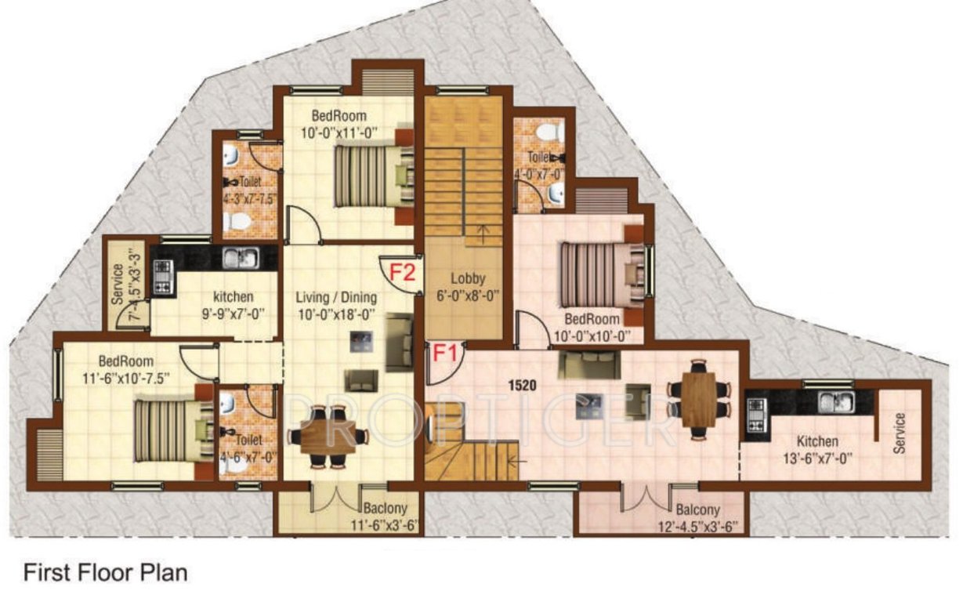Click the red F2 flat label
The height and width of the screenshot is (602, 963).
pos(402,273)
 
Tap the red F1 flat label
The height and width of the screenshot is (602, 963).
pos(446,354)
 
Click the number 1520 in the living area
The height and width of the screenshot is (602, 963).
pos(523,386)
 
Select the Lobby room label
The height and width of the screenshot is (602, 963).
pos(468,278)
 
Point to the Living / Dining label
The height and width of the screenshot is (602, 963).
pos(336,298)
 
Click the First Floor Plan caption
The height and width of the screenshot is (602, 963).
pos(106,573)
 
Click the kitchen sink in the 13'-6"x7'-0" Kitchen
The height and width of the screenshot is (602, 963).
pos(835,402)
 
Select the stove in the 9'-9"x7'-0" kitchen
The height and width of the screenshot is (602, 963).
pos(162,277)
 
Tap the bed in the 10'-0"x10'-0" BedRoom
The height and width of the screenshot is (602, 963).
pos(599,274)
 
